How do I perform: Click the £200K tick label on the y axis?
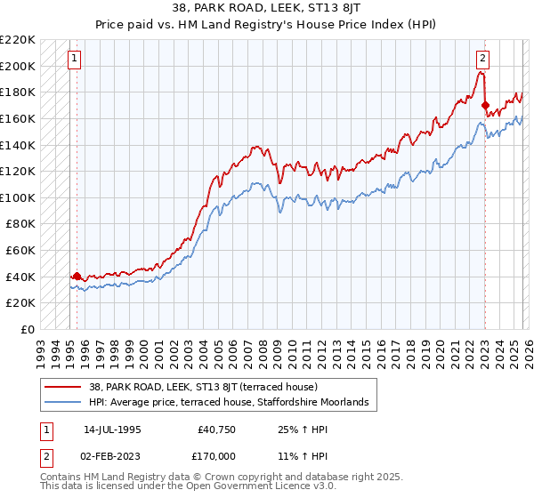(18, 66)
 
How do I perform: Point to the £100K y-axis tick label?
(18, 197)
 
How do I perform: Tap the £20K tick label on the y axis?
(21, 303)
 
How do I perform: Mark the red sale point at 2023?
(485, 106)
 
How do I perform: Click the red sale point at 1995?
(77, 276)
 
